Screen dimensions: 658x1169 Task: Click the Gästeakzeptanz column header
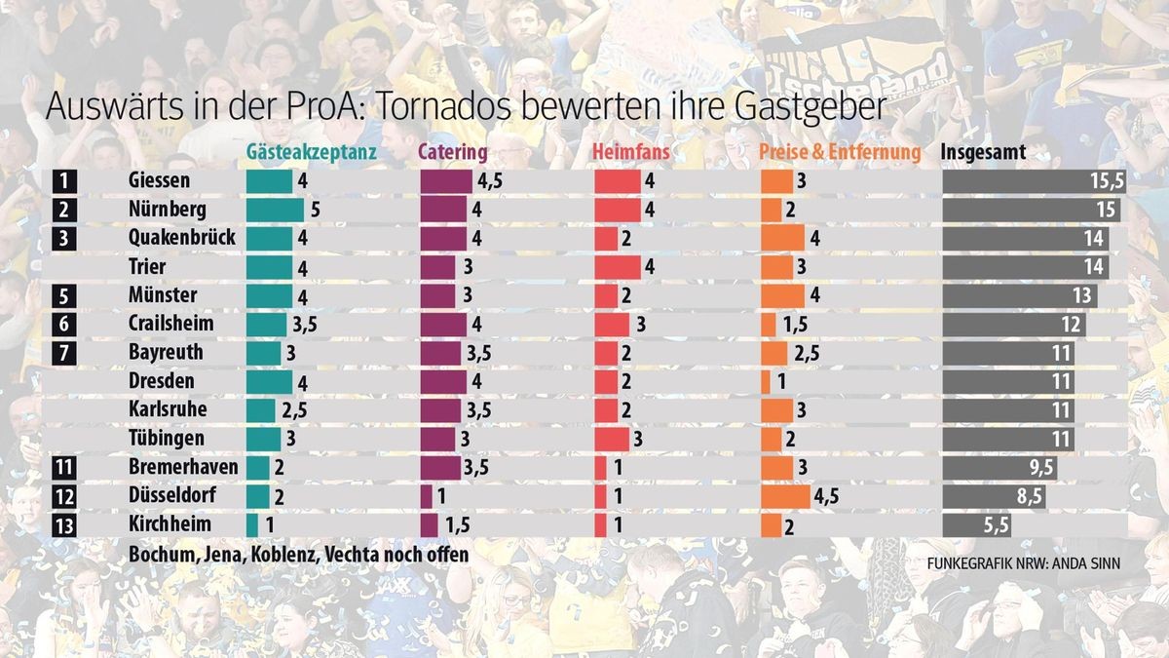(311, 153)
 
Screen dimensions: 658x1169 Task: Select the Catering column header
(453, 153)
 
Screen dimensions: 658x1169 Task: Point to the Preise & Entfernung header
(840, 153)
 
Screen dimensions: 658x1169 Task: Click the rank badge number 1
(63, 181)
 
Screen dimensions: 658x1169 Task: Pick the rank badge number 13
(63, 524)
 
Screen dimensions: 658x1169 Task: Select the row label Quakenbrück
(181, 238)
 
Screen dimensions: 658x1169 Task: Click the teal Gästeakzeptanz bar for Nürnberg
(275, 210)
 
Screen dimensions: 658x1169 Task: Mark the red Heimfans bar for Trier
(617, 267)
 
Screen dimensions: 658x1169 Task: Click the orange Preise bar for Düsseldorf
(785, 496)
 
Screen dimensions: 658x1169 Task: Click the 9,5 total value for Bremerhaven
(1039, 468)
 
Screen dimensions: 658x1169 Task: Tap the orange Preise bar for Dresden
(766, 381)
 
